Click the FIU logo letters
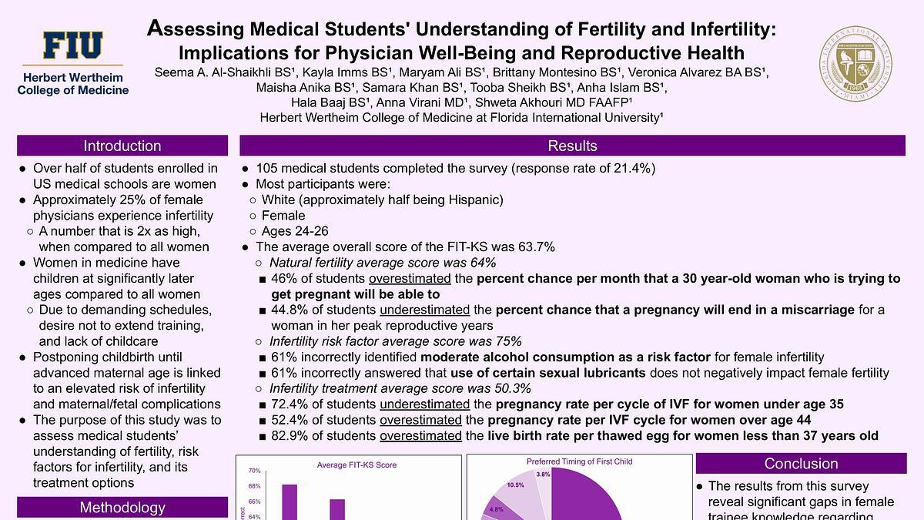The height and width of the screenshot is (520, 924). click(72, 46)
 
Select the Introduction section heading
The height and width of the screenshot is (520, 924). click(122, 146)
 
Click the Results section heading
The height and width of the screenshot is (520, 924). click(572, 146)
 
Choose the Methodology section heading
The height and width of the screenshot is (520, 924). click(122, 507)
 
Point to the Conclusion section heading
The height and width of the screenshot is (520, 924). click(801, 464)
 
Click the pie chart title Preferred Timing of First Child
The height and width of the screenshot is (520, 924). click(579, 462)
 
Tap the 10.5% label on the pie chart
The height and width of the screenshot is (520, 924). click(515, 485)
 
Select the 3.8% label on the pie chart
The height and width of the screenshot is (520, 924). click(543, 475)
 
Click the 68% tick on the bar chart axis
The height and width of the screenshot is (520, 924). click(255, 486)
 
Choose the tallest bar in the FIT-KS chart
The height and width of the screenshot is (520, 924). click(290, 502)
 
